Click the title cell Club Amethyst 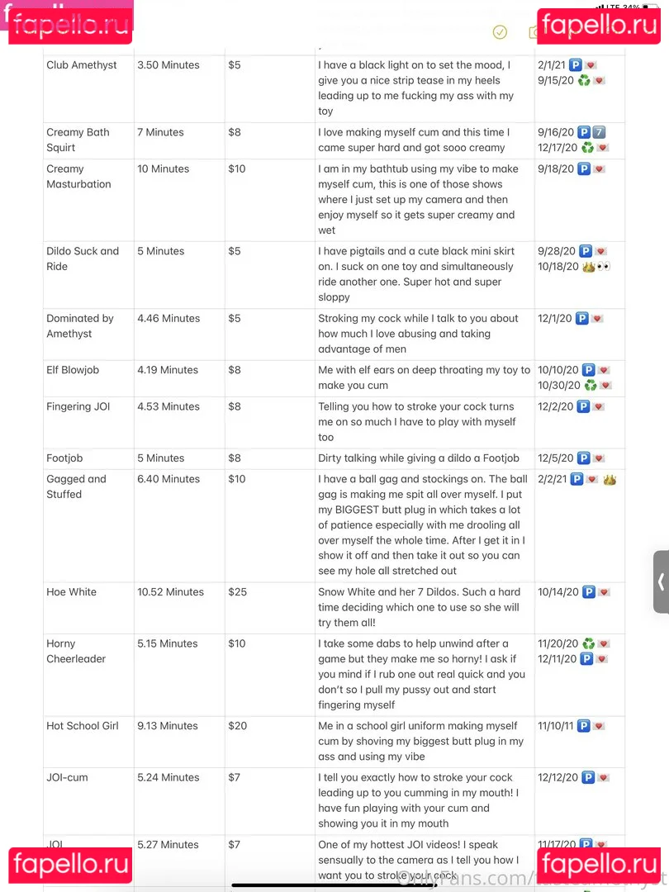tap(82, 65)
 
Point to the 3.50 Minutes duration tap(168, 65)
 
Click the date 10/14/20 tap(557, 592)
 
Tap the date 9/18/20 tap(555, 168)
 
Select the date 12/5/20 tap(555, 458)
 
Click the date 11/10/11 tap(555, 726)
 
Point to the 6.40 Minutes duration tap(168, 479)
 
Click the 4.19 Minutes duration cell tap(168, 370)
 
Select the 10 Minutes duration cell tap(164, 168)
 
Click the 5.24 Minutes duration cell tap(168, 777)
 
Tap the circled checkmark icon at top tap(500, 32)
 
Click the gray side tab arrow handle tap(661, 581)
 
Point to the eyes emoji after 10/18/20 tap(604, 267)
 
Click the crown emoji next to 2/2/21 tap(610, 479)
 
